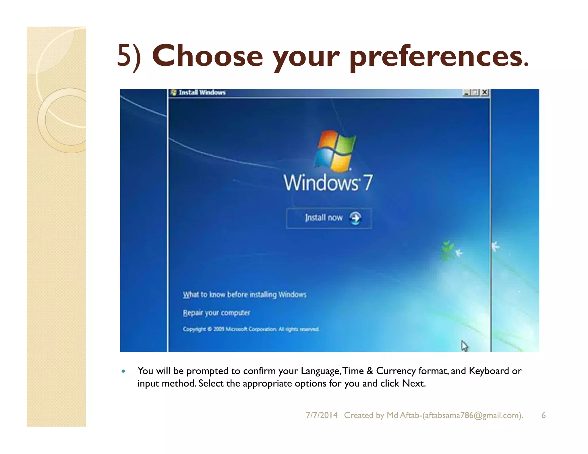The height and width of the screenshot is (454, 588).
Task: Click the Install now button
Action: point(328,218)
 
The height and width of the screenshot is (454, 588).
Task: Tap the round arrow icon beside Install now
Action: point(355,218)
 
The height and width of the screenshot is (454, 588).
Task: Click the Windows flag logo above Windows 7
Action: point(335,151)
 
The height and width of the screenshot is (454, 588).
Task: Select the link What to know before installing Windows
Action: point(245,294)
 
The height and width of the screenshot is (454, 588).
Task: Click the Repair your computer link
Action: point(216,313)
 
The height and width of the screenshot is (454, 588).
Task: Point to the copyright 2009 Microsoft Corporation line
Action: point(251,329)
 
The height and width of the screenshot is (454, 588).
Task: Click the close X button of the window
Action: point(485,92)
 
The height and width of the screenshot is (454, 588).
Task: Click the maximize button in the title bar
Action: point(475,92)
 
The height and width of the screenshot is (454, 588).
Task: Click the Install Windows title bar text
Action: point(202,92)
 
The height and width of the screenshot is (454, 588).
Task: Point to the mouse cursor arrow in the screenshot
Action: point(464,346)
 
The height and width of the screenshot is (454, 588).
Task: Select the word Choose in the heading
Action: point(207,56)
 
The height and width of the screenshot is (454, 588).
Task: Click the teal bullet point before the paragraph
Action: point(123,371)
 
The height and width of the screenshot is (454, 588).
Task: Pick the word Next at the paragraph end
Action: point(413,383)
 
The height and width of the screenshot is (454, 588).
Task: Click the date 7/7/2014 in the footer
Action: point(322,415)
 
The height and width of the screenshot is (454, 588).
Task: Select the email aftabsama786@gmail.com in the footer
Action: point(472,415)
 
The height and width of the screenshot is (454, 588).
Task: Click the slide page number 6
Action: point(543,415)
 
